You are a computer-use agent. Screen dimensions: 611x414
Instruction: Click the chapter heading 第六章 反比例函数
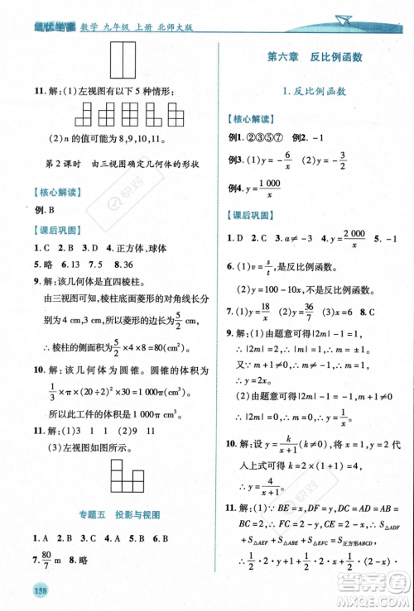click(x=315, y=57)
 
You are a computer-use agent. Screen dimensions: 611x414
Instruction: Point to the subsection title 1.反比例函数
click(x=315, y=92)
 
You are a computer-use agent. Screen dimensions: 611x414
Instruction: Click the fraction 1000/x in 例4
click(x=268, y=189)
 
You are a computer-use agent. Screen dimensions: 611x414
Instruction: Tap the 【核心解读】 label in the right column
click(x=254, y=118)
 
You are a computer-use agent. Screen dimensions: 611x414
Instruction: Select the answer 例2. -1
click(x=306, y=136)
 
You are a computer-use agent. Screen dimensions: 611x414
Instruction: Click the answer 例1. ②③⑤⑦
click(x=257, y=136)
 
